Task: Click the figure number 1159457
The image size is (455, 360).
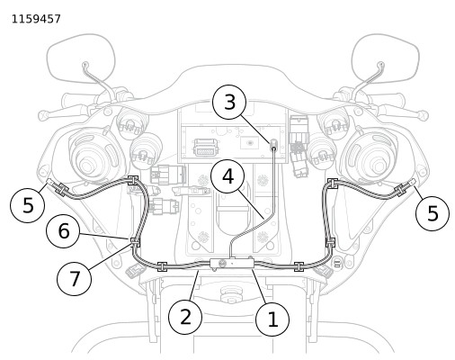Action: [36, 19]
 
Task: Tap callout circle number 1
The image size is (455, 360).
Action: [272, 319]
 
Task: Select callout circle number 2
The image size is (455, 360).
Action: [185, 317]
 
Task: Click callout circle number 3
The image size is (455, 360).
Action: [229, 103]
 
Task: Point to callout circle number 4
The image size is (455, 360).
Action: [227, 176]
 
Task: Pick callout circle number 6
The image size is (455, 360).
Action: [63, 231]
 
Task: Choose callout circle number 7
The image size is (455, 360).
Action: [74, 278]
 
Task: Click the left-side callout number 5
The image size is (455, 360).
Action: [28, 205]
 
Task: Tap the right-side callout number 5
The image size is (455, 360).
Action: [433, 213]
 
